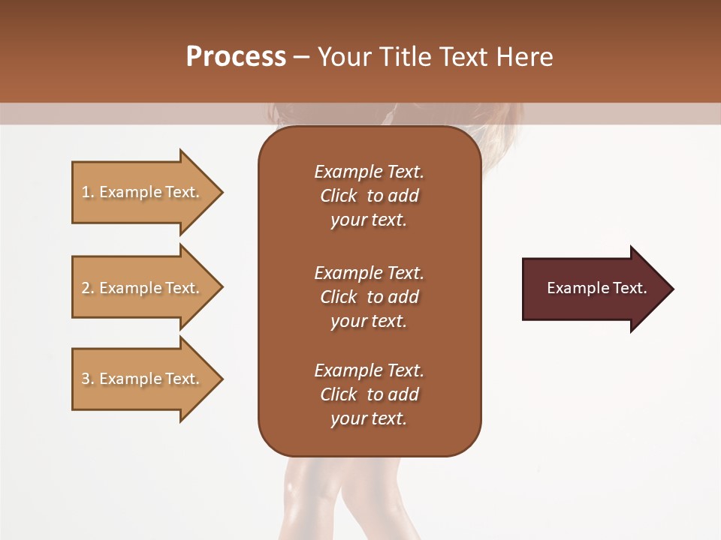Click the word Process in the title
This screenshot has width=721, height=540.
236,57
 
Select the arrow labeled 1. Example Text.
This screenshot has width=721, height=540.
143,192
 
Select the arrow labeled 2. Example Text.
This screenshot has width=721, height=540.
143,288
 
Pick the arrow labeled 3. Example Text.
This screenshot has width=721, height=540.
143,379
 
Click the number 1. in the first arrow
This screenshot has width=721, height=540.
87,192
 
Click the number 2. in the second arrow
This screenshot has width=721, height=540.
87,288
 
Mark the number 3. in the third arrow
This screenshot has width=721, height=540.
87,379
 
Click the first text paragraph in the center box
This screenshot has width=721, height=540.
369,196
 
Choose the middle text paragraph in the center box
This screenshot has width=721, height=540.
369,297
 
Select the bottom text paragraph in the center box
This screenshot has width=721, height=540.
369,394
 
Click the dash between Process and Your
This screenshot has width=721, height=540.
302,57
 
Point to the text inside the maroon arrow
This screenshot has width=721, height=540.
596,288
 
